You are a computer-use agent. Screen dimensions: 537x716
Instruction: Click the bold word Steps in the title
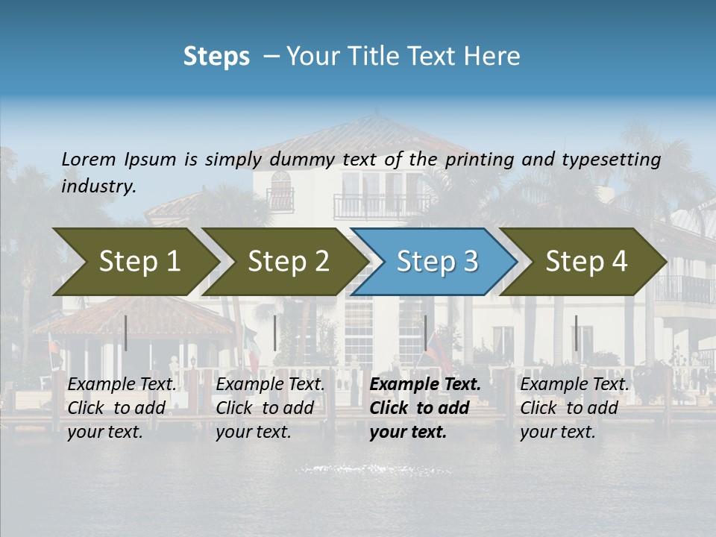[216, 57]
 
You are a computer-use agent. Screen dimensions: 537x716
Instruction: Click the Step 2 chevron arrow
[284, 262]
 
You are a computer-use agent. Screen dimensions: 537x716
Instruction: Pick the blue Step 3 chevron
[434, 262]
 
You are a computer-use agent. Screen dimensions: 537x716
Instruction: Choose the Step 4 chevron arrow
[584, 262]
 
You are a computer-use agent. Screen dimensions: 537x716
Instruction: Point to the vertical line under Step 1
[126, 333]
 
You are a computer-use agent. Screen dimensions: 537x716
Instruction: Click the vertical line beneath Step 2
[275, 333]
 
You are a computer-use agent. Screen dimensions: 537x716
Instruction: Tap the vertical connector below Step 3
[425, 333]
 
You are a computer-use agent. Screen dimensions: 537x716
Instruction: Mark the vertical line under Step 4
[576, 333]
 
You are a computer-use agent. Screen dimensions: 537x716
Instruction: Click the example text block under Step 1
[122, 408]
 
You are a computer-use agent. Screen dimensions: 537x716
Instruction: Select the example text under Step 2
[270, 408]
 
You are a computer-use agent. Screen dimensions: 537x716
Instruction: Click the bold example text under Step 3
[424, 408]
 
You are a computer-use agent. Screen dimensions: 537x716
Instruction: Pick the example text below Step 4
[574, 408]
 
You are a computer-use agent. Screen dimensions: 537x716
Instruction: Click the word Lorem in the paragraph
[89, 160]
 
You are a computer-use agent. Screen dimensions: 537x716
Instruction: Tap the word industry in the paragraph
[98, 186]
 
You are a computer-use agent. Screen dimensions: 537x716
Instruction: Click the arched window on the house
[280, 186]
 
